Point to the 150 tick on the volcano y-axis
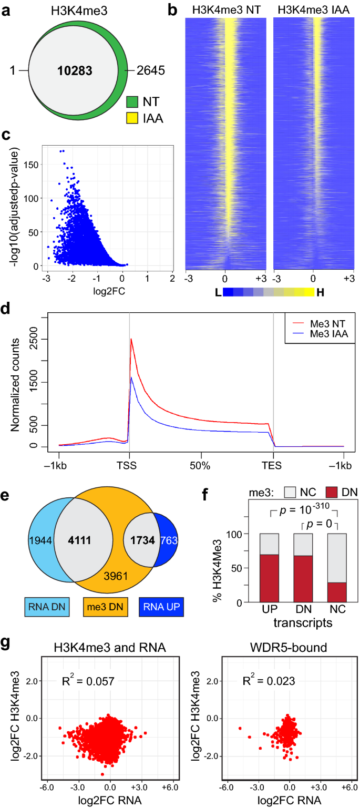tap(33, 164)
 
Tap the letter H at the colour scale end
tap(321, 292)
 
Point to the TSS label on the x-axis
tap(130, 465)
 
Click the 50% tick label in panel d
tap(201, 465)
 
